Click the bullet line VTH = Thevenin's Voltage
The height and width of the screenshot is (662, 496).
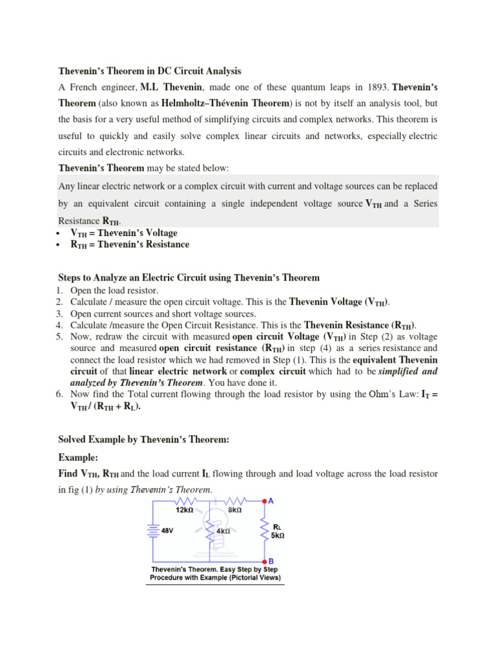(x=123, y=233)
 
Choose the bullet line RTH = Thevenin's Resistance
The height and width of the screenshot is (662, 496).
(x=130, y=244)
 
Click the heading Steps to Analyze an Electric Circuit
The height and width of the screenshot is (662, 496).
(x=189, y=278)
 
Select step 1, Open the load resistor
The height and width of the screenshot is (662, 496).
(x=114, y=290)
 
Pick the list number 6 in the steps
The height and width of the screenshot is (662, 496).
(x=62, y=394)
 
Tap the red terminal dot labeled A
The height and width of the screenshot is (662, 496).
(x=265, y=501)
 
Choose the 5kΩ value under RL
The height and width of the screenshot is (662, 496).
(x=278, y=535)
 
